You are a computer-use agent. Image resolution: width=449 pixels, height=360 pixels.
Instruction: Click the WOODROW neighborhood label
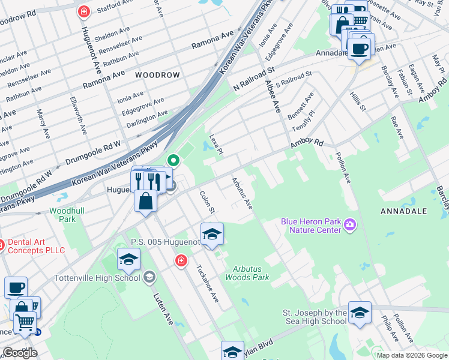[x=157, y=75]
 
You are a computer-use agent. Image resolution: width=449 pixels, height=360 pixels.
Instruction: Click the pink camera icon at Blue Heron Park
[x=350, y=225]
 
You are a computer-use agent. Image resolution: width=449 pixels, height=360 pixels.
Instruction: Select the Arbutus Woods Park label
[x=247, y=273]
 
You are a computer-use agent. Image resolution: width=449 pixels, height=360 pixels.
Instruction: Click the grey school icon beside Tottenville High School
[x=149, y=277]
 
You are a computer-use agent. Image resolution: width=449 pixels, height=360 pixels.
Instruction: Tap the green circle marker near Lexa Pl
[x=173, y=160]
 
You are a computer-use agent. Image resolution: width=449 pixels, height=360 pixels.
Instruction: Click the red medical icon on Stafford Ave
[x=85, y=11]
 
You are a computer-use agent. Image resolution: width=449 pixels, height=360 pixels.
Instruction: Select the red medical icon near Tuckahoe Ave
[x=180, y=260]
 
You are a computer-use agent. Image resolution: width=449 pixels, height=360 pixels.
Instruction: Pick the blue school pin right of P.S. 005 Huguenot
[x=212, y=234]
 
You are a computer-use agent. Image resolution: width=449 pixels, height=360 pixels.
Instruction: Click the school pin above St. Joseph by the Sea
[x=360, y=313]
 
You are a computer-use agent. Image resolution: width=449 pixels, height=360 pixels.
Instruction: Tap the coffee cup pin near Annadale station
[x=360, y=48]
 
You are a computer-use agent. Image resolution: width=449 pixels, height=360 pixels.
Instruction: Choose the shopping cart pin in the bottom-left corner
[x=25, y=323]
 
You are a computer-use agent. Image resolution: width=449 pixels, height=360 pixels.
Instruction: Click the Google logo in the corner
[x=20, y=353]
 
